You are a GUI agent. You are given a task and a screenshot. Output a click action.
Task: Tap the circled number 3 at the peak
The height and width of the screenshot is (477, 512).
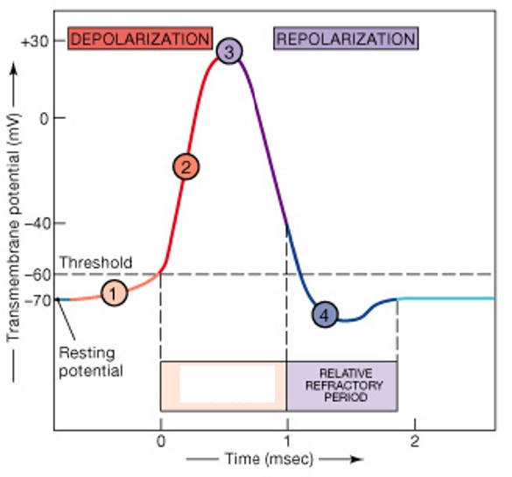[x=228, y=52]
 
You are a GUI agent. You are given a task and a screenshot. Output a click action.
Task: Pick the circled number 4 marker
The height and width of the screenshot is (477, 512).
[x=325, y=314]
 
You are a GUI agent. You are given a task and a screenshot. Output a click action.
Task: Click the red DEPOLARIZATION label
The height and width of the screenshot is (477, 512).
[x=141, y=39]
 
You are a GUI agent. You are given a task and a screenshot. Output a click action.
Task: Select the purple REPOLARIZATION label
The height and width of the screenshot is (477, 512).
[x=346, y=39]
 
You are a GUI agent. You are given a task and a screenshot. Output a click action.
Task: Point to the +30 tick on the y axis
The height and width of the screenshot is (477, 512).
[x=35, y=40]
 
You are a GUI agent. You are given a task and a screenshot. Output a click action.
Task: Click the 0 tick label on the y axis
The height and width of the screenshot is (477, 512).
[x=42, y=118]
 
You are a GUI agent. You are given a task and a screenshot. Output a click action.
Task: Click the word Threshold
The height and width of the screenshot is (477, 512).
[x=96, y=262]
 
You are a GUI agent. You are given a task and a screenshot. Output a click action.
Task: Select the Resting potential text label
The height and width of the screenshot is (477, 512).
[x=90, y=362]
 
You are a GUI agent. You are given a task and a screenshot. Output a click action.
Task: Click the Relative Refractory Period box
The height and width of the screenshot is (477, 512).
[x=342, y=385]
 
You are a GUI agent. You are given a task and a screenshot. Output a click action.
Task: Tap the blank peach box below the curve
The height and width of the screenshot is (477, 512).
[x=223, y=385]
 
